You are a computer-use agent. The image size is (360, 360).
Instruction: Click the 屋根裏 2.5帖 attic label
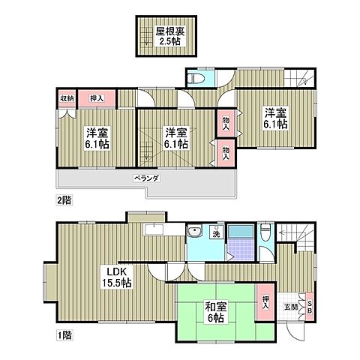tap(170, 36)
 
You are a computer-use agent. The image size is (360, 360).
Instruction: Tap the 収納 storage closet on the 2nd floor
tap(67, 98)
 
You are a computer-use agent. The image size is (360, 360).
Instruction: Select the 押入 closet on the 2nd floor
tap(97, 98)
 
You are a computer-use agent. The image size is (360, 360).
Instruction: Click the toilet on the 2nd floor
tap(196, 79)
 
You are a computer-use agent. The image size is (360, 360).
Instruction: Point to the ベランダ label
tap(146, 178)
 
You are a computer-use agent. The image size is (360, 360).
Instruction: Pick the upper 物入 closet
tap(226, 124)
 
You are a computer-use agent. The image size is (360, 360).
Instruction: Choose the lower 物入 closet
tap(226, 153)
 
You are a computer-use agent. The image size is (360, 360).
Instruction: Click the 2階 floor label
tap(64, 200)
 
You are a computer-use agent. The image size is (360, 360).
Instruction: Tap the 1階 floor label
tap(64, 335)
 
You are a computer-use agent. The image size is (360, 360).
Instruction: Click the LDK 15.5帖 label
tap(117, 277)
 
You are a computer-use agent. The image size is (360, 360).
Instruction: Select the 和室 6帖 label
tap(216, 312)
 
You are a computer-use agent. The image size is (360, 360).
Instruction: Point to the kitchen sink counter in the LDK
tap(154, 229)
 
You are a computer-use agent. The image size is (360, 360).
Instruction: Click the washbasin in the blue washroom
tap(195, 232)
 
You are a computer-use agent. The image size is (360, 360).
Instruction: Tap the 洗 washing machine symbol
tap(217, 232)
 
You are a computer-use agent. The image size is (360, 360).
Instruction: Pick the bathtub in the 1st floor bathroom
tap(241, 232)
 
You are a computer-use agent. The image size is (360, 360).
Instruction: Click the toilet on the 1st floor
tap(265, 232)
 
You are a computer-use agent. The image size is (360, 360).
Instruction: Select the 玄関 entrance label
tap(290, 307)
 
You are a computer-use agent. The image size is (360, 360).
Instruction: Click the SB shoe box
tap(310, 307)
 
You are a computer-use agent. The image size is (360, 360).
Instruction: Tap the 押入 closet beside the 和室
tap(265, 302)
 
